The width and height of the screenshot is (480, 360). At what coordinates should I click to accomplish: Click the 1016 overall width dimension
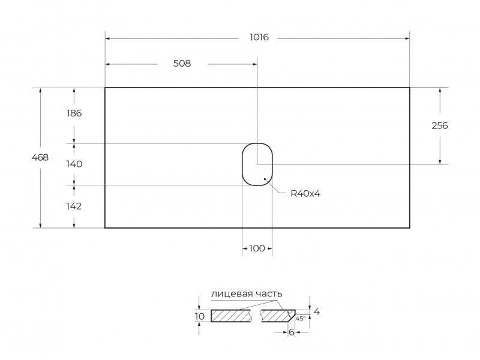point(259,37)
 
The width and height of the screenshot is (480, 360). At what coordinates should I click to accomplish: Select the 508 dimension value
point(182,64)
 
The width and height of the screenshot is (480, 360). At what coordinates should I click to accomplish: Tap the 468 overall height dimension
point(40,157)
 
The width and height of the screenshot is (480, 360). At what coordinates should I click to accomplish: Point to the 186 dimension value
point(74,113)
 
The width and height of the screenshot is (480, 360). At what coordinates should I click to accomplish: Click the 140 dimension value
point(74,164)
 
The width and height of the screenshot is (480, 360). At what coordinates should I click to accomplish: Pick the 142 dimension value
point(74,206)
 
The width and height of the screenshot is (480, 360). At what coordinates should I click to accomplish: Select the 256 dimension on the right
point(440,125)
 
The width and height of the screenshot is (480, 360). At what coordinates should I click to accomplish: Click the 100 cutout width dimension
point(257,248)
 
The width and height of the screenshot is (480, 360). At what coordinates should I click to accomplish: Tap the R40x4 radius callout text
point(305,193)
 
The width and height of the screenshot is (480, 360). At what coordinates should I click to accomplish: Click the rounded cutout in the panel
point(242,164)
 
